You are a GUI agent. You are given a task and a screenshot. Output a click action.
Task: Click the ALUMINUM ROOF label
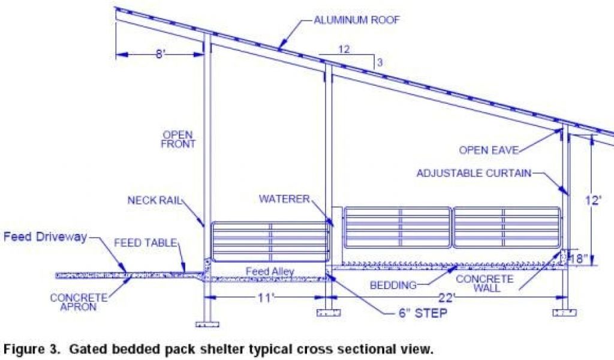tap(356, 20)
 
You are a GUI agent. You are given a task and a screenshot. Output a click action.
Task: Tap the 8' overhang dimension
tap(159, 54)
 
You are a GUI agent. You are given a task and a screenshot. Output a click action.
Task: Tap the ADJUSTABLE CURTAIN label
tap(474, 173)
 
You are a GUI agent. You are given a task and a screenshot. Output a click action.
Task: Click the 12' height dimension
tap(594, 200)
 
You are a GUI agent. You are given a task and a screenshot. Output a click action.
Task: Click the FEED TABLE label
tap(146, 243)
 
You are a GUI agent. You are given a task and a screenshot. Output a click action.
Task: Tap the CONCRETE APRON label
tap(78, 302)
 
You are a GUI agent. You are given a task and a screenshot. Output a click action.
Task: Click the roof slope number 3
tap(379, 62)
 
